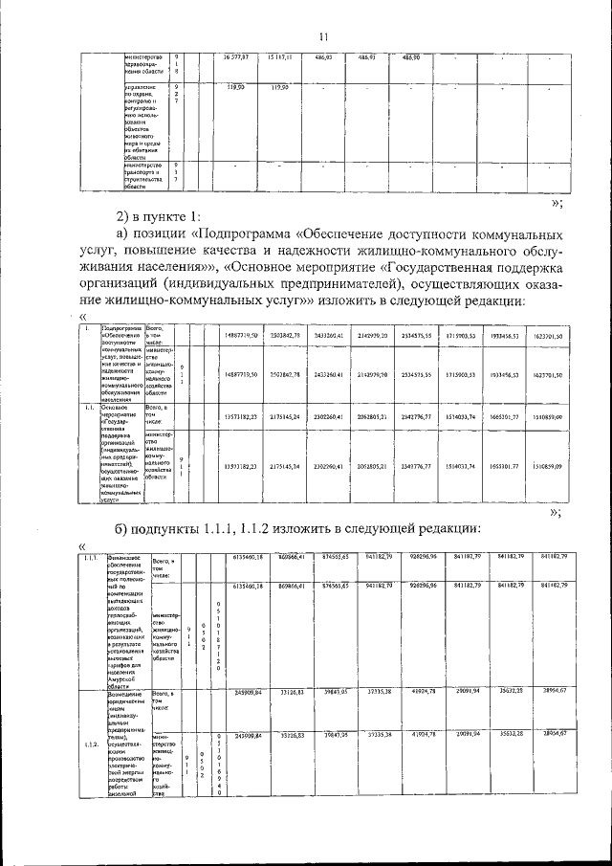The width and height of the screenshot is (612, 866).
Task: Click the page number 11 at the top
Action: tap(323, 36)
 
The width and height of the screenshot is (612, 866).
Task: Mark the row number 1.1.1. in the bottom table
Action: tap(92, 558)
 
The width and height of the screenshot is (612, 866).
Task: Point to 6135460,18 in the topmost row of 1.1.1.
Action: tap(248, 557)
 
